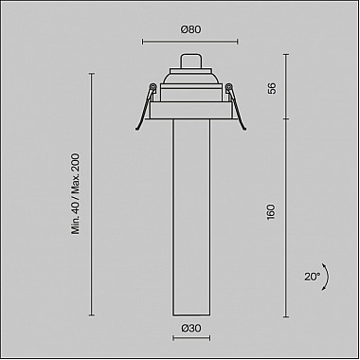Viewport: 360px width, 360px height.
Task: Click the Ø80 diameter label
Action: (191, 29)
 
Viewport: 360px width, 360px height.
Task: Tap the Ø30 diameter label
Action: (191, 328)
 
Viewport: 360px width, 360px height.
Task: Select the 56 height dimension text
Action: (271, 88)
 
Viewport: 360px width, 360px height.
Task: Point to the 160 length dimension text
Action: (271, 212)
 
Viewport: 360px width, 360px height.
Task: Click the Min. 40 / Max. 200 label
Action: (76, 194)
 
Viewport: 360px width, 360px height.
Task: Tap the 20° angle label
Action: (313, 277)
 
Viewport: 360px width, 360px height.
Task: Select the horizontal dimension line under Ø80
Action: (189, 42)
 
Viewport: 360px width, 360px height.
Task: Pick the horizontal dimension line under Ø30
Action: (191, 338)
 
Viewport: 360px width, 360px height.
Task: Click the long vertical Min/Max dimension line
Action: (92, 194)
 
